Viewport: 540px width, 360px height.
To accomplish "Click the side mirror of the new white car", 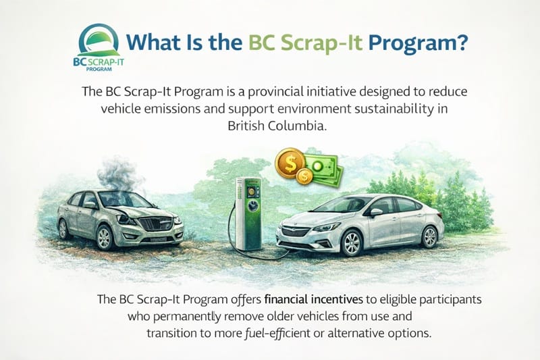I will (375, 211).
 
